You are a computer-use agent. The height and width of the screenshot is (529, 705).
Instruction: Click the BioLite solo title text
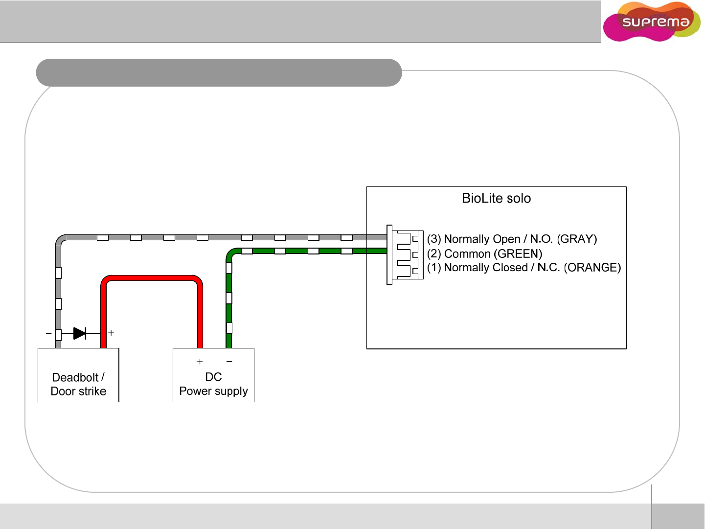(496, 198)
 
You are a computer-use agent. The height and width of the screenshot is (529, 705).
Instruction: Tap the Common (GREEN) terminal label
(484, 253)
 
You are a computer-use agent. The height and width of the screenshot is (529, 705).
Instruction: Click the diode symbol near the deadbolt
(80, 333)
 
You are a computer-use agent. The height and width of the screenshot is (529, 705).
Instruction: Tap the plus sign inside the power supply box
(200, 362)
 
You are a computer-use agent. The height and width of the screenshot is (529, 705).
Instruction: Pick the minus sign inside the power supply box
(229, 362)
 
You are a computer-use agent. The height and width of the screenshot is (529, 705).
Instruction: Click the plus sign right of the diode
(111, 333)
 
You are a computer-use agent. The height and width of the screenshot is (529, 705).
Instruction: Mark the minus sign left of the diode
(48, 333)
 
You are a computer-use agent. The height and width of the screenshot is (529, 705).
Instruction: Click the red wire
(152, 278)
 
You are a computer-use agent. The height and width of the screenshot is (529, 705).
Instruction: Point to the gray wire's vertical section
(59, 289)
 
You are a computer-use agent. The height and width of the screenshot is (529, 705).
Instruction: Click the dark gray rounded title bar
(219, 72)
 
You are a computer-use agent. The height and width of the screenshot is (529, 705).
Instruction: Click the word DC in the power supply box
(213, 377)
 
